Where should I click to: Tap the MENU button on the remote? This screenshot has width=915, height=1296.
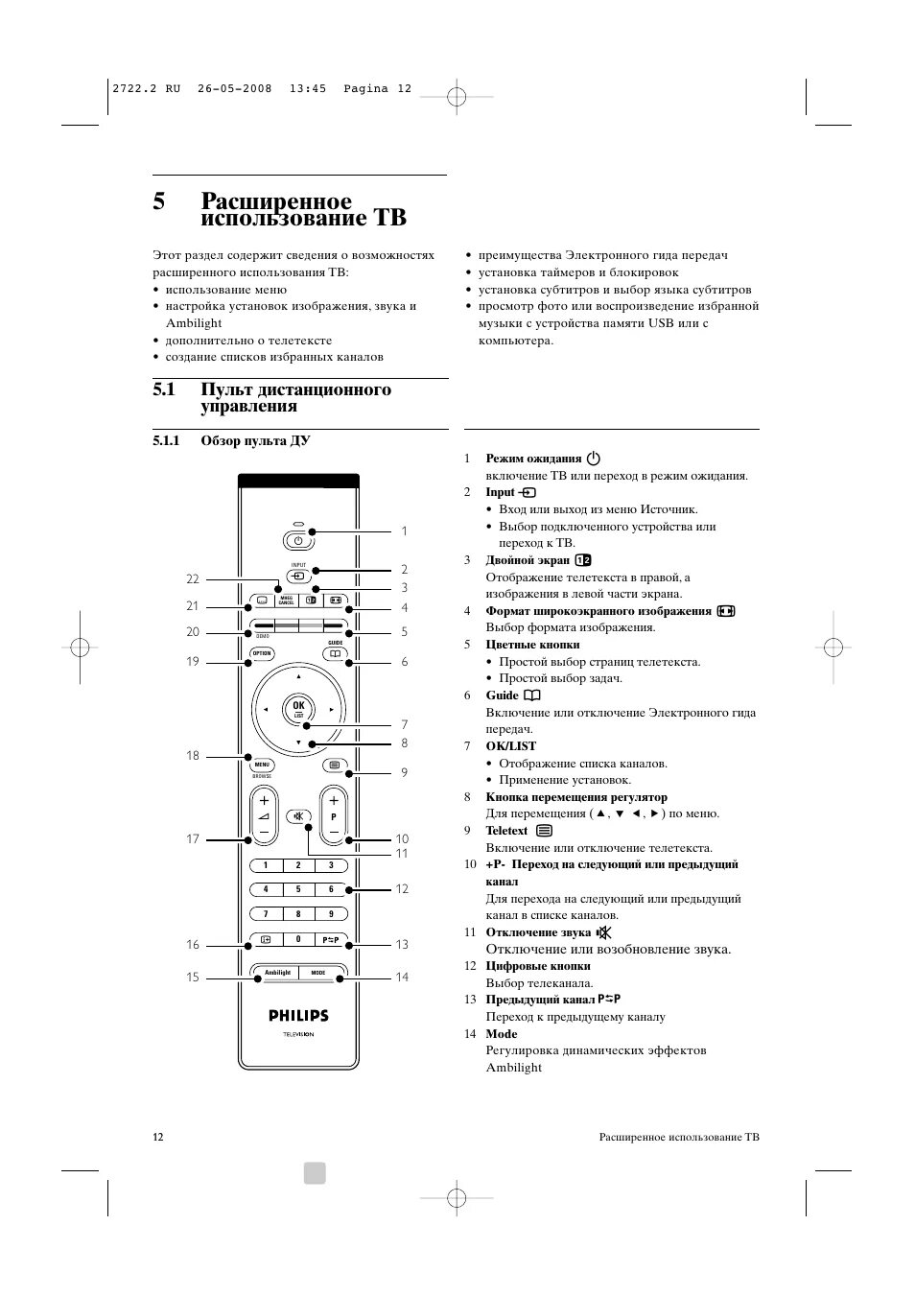click(x=262, y=766)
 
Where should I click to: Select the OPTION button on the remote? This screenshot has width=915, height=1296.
click(x=262, y=653)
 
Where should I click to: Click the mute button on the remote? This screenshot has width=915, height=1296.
click(x=298, y=817)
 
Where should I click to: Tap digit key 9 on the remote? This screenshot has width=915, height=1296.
click(x=331, y=914)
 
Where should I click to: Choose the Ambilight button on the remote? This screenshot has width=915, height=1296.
click(x=277, y=973)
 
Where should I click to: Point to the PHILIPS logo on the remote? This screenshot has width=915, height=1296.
click(x=298, y=1015)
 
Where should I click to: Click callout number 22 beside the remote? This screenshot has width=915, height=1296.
click(x=193, y=579)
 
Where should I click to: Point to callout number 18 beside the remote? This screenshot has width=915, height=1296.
click(x=193, y=756)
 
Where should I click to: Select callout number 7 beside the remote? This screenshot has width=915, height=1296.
click(x=405, y=725)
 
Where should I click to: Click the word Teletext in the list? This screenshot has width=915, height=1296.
click(x=506, y=831)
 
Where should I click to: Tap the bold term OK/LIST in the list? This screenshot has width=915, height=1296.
click(x=510, y=746)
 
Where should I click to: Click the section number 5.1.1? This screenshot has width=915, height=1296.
click(x=166, y=441)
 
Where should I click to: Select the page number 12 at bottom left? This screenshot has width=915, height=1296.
click(x=158, y=1137)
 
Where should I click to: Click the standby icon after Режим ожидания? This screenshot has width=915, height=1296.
click(x=593, y=459)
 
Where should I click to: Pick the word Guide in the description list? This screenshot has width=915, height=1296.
click(x=502, y=695)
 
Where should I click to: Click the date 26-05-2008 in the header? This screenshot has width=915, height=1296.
click(x=234, y=88)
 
